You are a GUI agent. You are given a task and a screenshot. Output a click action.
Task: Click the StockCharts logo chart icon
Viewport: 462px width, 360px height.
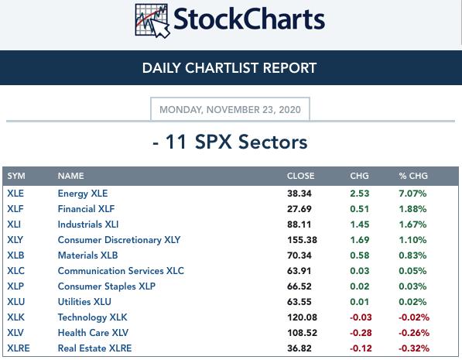click(152, 21)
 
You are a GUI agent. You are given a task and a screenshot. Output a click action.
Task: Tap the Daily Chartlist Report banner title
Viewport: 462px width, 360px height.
click(229, 68)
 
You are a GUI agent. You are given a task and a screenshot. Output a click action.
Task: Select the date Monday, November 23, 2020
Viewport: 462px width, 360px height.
click(230, 110)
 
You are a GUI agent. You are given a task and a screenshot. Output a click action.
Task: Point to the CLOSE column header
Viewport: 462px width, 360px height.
click(300, 176)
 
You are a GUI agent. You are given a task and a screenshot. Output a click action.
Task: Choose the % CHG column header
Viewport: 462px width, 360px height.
click(413, 176)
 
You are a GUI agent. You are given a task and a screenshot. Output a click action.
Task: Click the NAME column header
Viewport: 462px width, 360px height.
click(70, 176)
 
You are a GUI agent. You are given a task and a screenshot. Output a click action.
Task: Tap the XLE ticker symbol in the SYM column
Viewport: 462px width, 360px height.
click(15, 194)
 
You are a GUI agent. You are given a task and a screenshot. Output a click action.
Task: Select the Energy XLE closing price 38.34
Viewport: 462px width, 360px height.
click(299, 194)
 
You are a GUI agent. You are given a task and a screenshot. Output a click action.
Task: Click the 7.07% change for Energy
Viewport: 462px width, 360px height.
click(412, 194)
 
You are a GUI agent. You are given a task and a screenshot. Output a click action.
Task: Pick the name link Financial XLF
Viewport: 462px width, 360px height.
click(86, 209)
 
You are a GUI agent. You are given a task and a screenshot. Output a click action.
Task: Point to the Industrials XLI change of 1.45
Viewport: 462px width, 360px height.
click(360, 225)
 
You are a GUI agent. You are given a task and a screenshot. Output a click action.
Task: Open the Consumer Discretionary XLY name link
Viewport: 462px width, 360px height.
click(119, 240)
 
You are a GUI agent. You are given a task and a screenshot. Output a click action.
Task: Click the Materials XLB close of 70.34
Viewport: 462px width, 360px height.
click(299, 255)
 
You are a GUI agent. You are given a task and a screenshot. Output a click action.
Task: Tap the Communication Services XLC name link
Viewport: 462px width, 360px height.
click(121, 271)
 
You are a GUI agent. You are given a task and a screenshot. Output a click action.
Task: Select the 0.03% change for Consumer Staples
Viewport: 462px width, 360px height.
click(412, 286)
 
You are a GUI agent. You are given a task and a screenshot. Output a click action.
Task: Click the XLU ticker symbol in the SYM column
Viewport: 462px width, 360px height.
click(16, 302)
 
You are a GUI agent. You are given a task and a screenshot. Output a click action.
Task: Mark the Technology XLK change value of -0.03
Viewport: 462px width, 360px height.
click(361, 317)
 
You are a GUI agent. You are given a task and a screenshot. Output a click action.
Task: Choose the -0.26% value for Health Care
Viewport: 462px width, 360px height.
click(414, 333)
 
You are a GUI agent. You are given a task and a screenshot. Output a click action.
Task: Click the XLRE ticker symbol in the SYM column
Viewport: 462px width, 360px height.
click(19, 348)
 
